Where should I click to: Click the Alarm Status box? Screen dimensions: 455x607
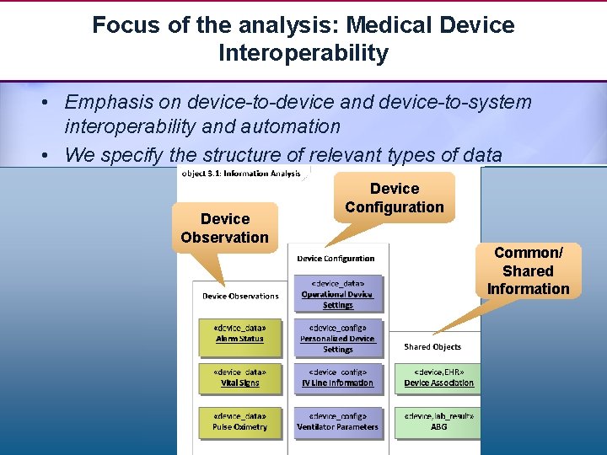239,332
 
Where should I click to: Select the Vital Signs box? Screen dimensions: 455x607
239,377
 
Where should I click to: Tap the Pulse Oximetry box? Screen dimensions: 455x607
239,421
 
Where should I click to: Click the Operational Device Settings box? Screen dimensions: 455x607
337,294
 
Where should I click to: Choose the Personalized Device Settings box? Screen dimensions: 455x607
337,338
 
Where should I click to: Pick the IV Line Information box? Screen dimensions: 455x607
337,377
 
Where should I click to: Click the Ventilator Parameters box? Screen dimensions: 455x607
337,421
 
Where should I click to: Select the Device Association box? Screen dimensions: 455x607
438,377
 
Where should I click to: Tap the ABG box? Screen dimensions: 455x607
438,421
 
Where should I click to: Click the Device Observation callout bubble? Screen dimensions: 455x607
225,227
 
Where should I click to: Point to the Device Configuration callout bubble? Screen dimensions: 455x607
395,197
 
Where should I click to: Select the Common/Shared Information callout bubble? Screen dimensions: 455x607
528,270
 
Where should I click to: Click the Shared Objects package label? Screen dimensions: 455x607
432,346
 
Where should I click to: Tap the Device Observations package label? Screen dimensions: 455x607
240,296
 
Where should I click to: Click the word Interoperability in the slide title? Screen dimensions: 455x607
303,53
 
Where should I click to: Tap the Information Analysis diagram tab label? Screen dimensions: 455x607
244,173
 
